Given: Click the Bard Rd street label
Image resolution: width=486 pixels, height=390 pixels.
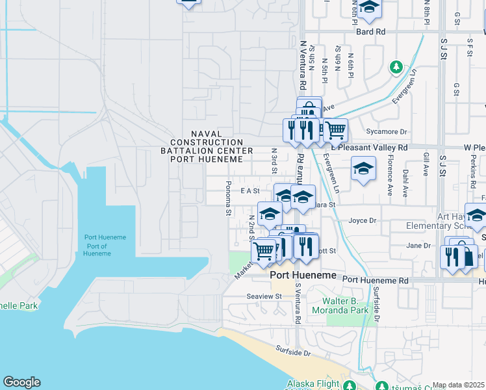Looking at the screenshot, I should pos(370,31).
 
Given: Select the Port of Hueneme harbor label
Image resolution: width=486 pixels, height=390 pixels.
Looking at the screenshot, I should pos(105,245).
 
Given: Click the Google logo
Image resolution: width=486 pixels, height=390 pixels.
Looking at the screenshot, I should pos(21,382).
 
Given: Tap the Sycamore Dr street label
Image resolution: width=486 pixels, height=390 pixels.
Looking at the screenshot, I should pos(386,131).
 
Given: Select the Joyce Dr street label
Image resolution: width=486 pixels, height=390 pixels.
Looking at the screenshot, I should pos(363,220).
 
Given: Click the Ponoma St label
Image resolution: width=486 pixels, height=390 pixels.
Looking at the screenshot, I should pos(229,198).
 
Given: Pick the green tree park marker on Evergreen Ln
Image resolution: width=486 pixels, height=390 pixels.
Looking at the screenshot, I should pos(396,67).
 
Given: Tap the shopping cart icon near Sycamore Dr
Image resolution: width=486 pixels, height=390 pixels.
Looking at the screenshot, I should pos(335,130).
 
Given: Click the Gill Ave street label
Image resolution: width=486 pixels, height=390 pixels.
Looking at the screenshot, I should pos(426,164).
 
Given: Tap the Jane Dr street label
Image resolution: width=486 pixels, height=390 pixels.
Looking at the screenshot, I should pos(418,246).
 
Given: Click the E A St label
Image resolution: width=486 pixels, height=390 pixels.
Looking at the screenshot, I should pos(249,191).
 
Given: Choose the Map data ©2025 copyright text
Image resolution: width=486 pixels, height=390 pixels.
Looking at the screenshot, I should pos(459,385).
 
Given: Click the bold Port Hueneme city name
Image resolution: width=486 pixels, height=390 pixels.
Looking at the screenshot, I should pos(303,276).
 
